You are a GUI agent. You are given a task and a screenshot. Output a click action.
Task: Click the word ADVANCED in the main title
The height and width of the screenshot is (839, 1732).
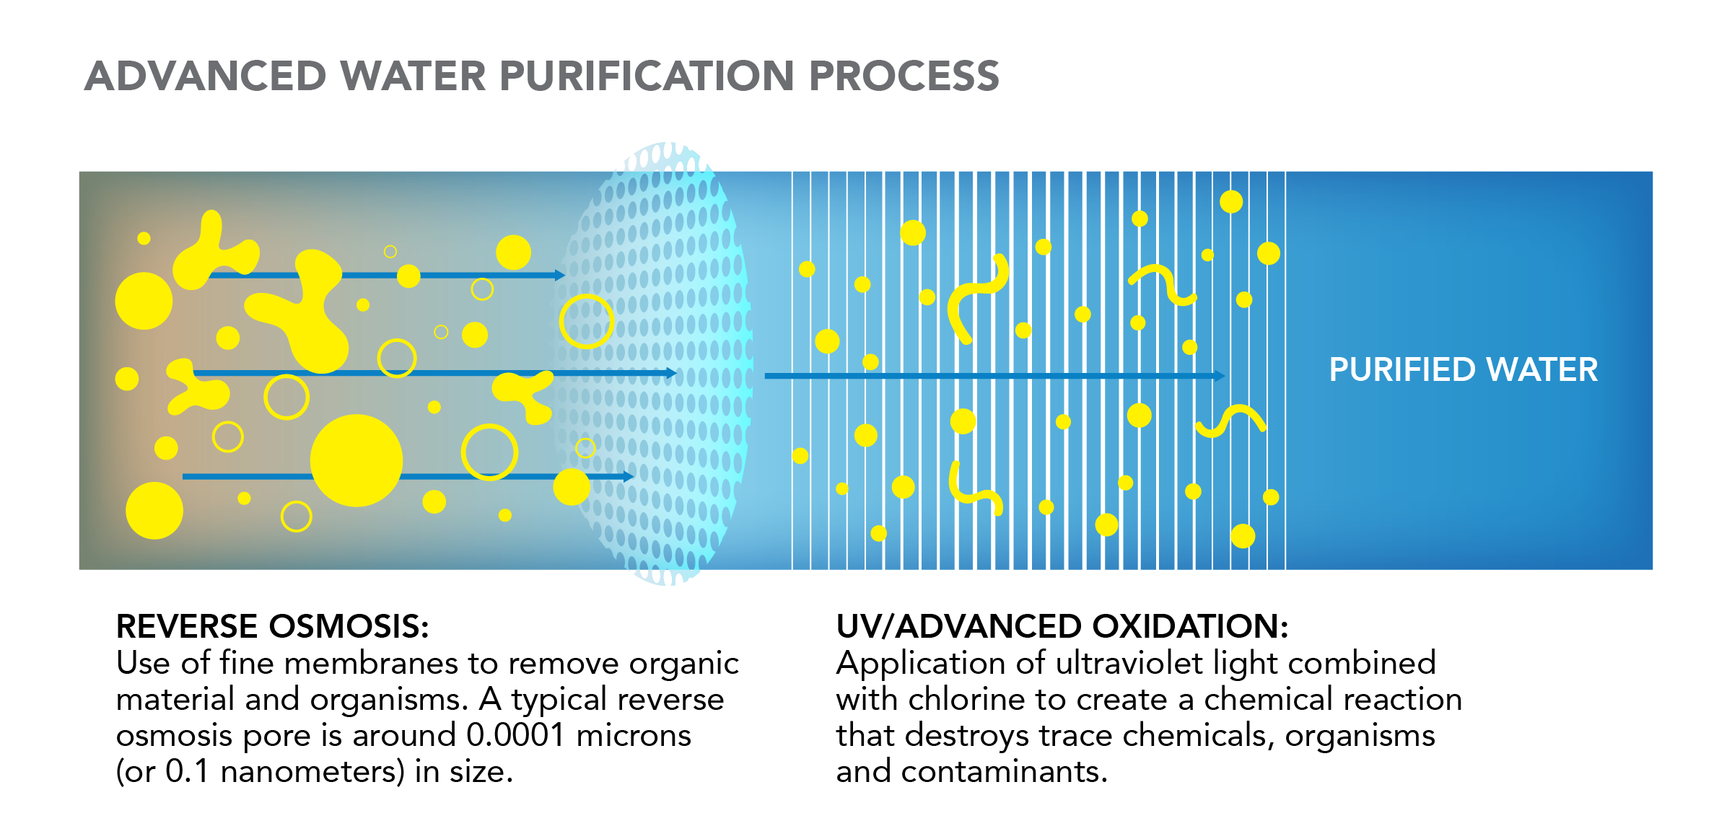click(x=206, y=76)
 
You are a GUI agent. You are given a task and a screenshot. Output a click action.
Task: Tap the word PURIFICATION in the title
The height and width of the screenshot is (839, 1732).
click(x=647, y=76)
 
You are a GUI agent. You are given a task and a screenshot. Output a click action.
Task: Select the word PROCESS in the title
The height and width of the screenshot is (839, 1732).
click(x=904, y=76)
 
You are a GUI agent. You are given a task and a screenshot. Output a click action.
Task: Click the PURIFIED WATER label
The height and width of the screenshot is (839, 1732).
click(x=1464, y=370)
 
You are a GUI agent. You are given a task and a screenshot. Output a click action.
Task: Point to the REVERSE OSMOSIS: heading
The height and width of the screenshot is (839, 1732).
click(x=273, y=626)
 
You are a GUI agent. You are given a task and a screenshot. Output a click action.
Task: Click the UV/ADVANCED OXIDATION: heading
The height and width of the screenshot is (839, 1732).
click(x=1062, y=626)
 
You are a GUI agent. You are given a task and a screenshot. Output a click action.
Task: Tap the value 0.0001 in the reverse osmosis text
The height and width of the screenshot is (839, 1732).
click(x=515, y=735)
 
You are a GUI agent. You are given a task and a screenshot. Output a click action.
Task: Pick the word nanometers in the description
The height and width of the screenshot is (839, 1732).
click(x=312, y=772)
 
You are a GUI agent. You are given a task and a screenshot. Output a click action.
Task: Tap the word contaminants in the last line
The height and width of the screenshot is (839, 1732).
click(x=1004, y=772)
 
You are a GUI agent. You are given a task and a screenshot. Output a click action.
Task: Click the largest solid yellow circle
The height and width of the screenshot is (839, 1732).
click(x=357, y=460)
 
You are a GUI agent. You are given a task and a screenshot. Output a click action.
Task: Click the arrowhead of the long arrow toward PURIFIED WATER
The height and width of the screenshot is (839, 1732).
click(x=1220, y=376)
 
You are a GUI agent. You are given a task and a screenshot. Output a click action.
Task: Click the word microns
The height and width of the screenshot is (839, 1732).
click(x=634, y=735)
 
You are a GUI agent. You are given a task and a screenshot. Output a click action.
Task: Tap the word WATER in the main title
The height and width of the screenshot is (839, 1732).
click(x=414, y=76)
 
